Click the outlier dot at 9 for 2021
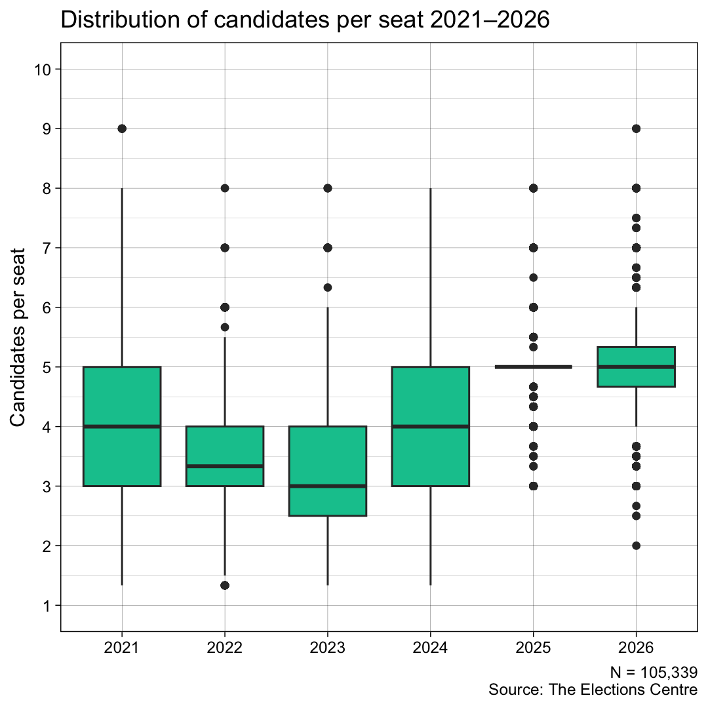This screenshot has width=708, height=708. pos(122,128)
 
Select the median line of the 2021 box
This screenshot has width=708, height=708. pos(122,427)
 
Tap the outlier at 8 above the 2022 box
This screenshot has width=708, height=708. pos(225,188)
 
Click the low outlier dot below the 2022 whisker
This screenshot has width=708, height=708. pos(225,585)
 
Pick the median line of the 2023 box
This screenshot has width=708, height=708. pos(327,486)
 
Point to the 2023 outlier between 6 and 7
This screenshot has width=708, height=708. pos(328,287)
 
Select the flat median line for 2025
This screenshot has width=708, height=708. pos(533,367)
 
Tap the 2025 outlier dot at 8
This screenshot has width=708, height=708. pos(533,188)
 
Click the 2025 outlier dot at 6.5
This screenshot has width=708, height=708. pos(533,277)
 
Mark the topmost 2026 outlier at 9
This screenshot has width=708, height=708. pos(636,128)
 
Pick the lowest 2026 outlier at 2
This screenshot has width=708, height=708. pos(636,545)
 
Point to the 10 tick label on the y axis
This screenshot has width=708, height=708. pos(43,69)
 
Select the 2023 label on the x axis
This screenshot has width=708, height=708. pos(327,649)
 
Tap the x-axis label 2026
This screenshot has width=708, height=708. pos(636,649)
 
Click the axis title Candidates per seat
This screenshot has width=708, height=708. pos(20,337)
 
